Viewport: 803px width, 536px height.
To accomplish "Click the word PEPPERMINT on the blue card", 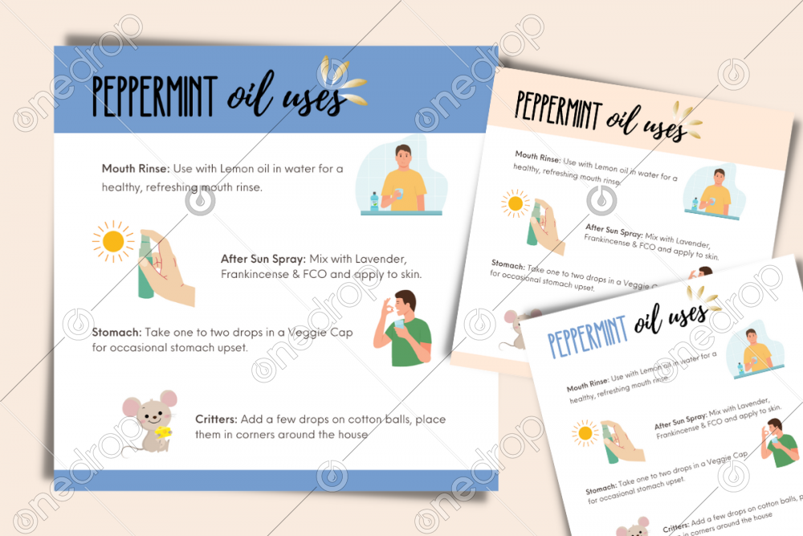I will point(153,96).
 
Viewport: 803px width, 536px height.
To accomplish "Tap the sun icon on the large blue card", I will point(112,240).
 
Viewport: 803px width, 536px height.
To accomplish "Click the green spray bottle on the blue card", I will point(145,265).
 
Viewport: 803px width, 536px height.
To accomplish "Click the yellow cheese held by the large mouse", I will point(165,432).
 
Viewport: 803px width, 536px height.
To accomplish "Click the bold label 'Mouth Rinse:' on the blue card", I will point(134,169).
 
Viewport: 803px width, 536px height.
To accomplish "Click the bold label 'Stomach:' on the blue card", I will point(116,333).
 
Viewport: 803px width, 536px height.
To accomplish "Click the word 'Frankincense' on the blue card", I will point(260,274).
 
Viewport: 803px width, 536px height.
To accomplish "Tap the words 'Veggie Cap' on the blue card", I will point(325,333).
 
